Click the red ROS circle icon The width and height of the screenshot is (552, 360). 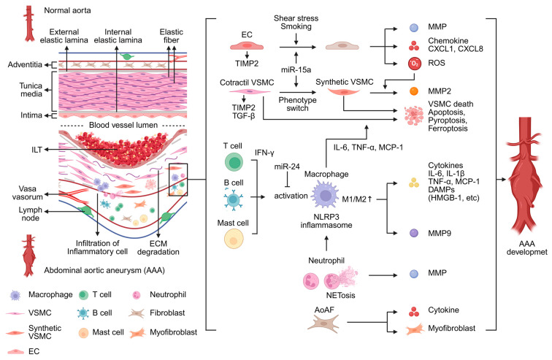414,64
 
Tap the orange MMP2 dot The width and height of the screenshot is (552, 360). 414,91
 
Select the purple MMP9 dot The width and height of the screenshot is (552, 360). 414,233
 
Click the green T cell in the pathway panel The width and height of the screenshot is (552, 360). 234,163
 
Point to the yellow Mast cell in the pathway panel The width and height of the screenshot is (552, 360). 234,239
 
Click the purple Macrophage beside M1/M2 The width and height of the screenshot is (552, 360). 326,194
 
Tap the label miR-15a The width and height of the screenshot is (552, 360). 296,69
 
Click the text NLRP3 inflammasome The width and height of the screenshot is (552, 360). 326,221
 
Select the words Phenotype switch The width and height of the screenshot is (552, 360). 297,104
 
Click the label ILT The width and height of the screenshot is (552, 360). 37,150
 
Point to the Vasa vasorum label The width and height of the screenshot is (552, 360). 28,193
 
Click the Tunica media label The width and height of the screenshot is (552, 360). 31,90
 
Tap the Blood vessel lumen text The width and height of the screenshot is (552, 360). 123,125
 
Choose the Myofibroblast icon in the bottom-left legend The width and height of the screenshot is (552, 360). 138,332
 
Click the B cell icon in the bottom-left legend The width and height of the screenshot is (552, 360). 83,313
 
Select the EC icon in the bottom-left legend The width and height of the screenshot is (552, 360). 15,351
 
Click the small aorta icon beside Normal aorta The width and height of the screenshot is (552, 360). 29,23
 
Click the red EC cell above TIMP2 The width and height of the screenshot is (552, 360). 247,46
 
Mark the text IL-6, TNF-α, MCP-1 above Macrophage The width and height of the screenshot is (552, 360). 368,147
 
